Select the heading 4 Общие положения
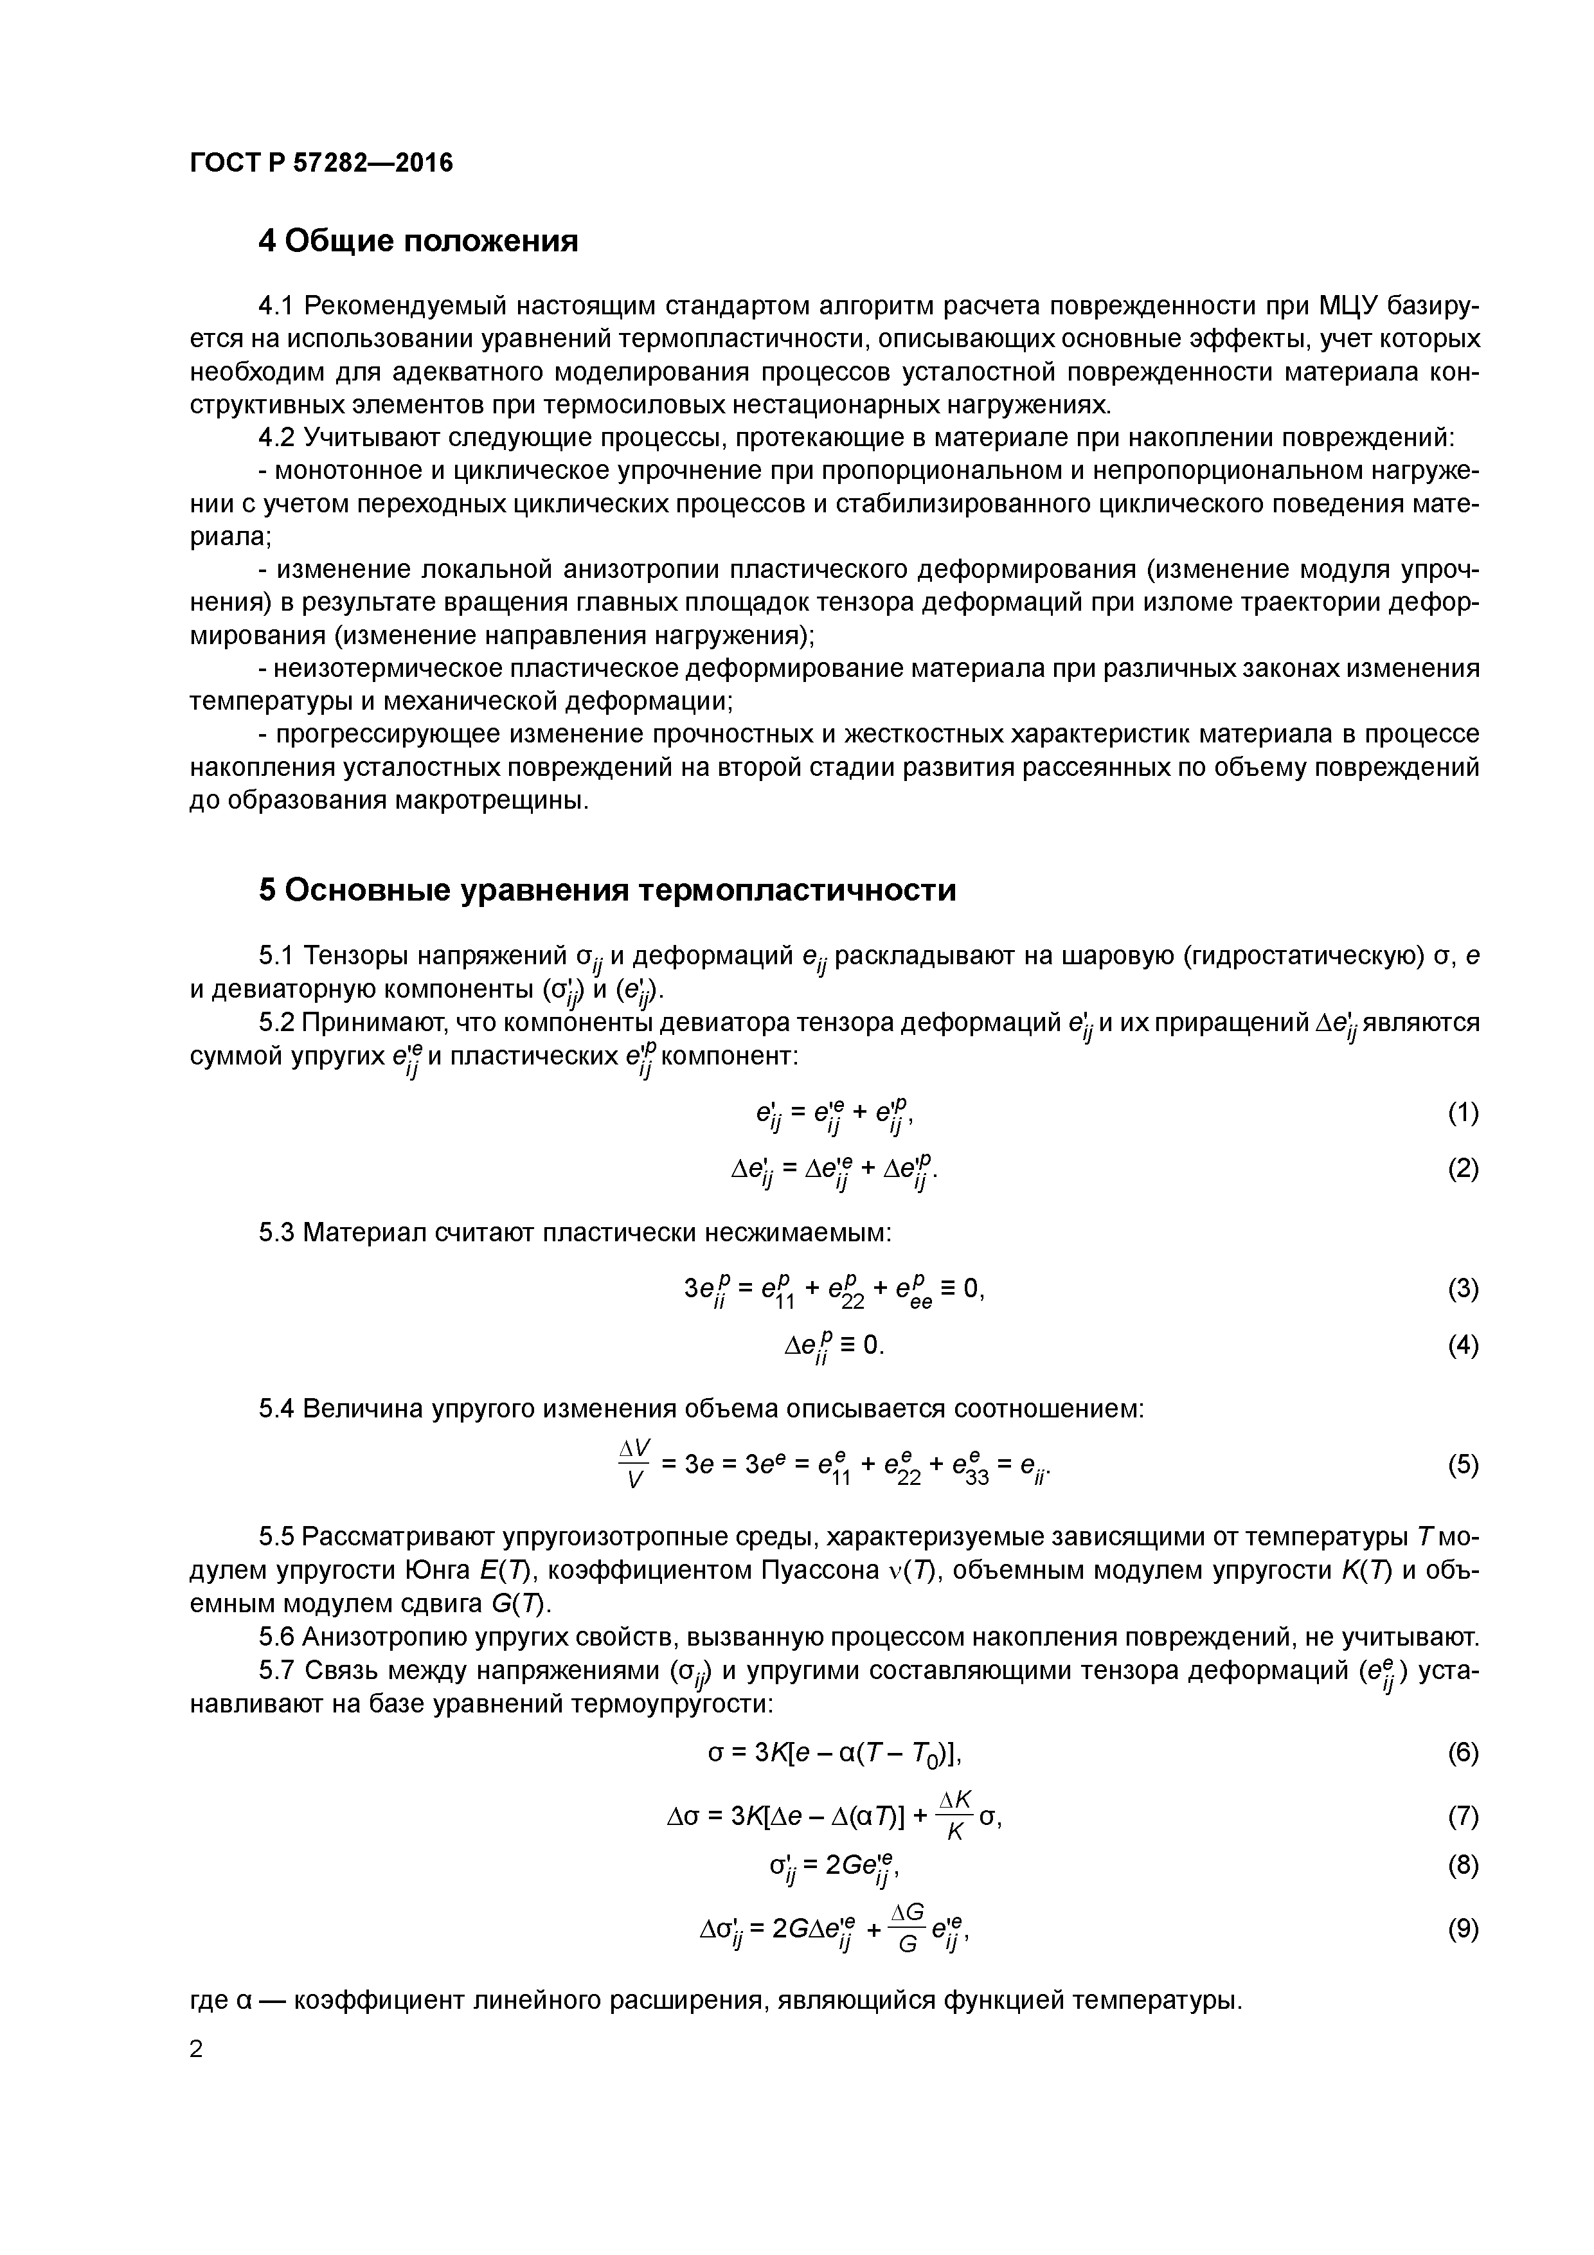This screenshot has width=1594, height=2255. tap(417, 240)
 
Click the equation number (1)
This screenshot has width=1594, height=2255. tap(1462, 1113)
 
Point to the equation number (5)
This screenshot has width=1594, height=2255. tap(1462, 1466)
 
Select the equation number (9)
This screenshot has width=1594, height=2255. tap(1462, 1929)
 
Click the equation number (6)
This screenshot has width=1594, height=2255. tap(1462, 1753)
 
